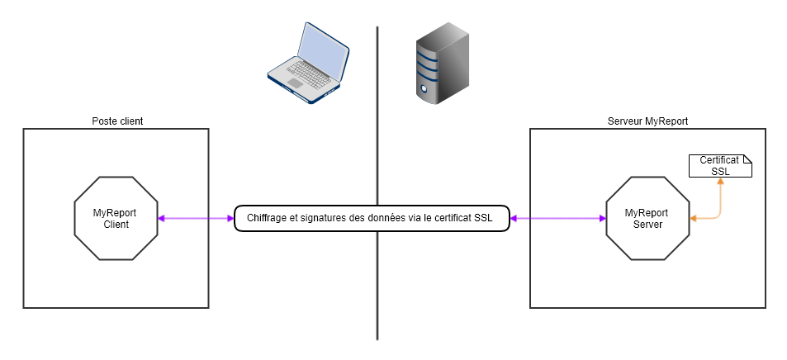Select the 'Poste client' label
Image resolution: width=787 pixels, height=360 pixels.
[116, 121]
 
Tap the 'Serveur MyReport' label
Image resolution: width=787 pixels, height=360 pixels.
[647, 121]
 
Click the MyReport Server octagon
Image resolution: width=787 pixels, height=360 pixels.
[647, 218]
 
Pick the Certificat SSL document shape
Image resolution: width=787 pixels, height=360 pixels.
[720, 165]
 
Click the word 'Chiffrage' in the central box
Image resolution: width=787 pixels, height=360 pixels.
[268, 219]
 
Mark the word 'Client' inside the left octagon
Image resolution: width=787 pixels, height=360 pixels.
[115, 225]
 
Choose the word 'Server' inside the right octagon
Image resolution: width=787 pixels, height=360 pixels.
[647, 225]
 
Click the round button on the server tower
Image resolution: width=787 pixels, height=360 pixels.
[424, 87]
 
